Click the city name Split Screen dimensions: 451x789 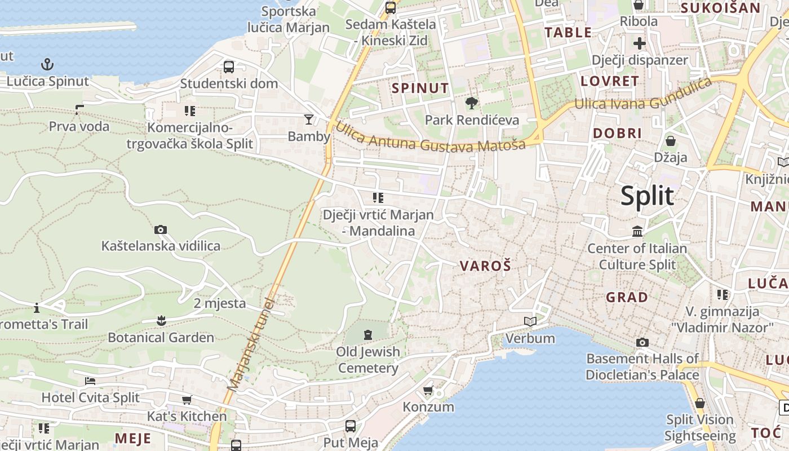coord(647,196)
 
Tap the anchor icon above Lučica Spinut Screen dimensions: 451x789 coord(48,64)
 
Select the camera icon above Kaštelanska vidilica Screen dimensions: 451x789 coord(161,229)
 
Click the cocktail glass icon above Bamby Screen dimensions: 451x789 coord(309,119)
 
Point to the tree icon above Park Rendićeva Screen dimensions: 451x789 coord(471,103)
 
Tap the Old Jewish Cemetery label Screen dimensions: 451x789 coord(368,360)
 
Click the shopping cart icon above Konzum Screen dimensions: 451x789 coord(428,390)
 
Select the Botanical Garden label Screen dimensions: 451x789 coord(161,338)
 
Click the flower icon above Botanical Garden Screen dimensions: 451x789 coord(161,321)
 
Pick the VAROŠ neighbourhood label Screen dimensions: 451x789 coord(485,266)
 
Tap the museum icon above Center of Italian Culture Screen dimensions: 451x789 coord(637,231)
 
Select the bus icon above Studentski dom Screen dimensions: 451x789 coord(229,67)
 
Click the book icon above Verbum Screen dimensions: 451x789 coord(530,321)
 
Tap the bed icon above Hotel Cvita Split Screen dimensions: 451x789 coord(90,381)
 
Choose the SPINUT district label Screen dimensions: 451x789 coord(420,88)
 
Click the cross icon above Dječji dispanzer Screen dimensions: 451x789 coord(639,43)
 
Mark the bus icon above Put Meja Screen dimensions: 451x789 coord(350,426)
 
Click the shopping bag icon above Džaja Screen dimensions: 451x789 coord(671,140)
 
